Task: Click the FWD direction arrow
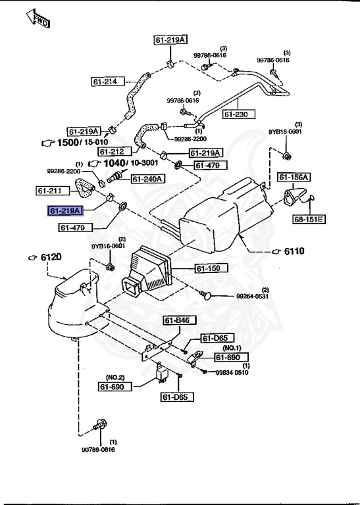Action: coord(38,18)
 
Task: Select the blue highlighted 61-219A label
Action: coord(65,210)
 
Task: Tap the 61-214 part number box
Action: coord(108,82)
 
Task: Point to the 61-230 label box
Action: coord(238,114)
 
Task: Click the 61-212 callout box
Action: coord(115,151)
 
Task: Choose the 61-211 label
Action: coord(53,191)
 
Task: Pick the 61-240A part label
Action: coord(148,179)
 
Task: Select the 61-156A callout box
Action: coord(294,177)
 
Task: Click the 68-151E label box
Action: coord(309,220)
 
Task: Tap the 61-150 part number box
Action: coord(211,268)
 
